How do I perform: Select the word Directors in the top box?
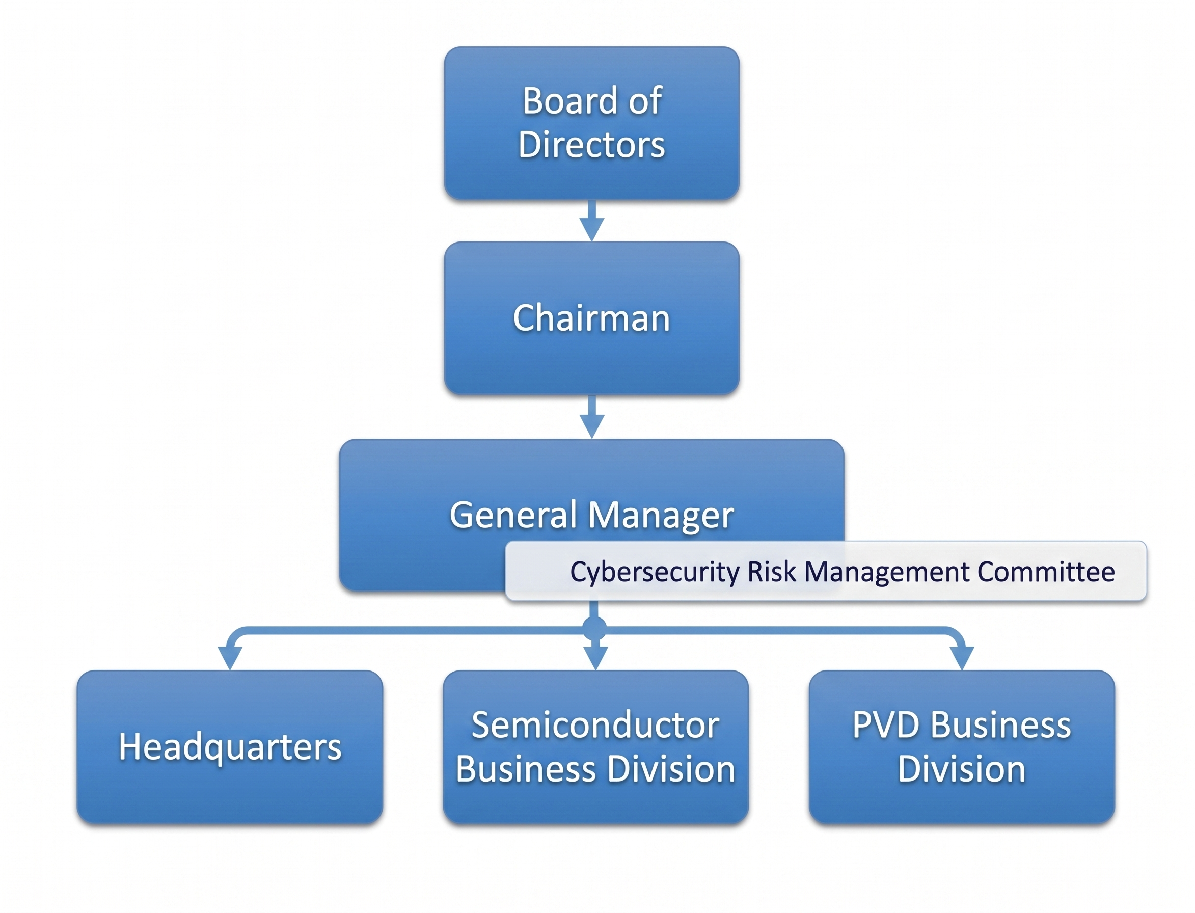(591, 145)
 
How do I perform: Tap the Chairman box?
(591, 318)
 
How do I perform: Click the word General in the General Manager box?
(513, 515)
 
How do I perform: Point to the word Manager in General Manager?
(661, 516)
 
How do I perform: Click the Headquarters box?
(230, 747)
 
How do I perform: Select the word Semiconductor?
(595, 725)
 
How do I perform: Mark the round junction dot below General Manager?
(594, 629)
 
